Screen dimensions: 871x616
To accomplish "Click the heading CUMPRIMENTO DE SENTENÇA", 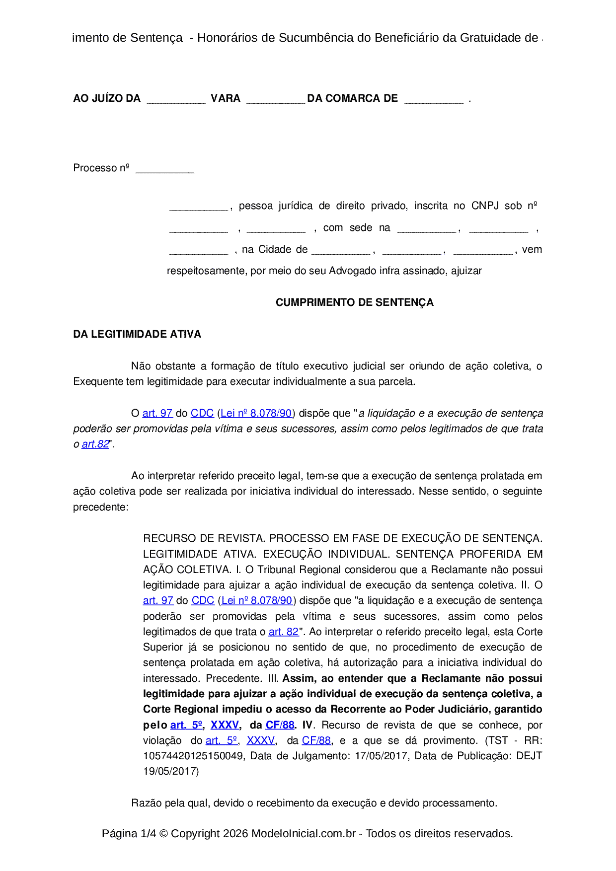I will [x=354, y=302].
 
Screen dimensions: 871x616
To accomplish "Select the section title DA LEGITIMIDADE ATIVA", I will [x=137, y=334].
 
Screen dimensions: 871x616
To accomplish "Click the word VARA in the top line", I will [x=226, y=98].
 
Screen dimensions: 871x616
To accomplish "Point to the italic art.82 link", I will [x=95, y=444].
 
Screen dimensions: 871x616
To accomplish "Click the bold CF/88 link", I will [x=280, y=725].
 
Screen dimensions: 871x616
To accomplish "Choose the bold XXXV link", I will [x=225, y=725].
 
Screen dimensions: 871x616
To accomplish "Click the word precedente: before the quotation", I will [x=101, y=507].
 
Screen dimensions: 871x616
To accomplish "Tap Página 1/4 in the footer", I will [x=129, y=833].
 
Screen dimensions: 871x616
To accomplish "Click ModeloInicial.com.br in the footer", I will [x=303, y=833].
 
